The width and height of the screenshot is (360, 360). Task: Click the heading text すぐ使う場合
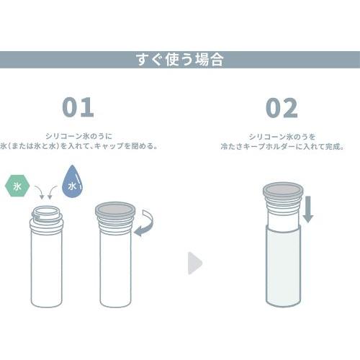[x=179, y=60]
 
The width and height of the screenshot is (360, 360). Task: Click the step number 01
[x=78, y=107]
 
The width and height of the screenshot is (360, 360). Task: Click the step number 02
[x=282, y=107]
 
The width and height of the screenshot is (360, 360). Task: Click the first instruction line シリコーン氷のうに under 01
[x=78, y=135]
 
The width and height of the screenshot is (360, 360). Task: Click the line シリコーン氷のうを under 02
[x=282, y=135]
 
